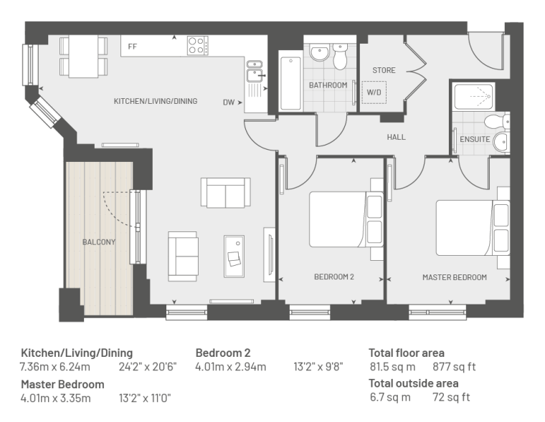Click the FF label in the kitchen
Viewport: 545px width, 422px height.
point(133,47)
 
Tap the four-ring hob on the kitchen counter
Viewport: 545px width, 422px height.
point(198,46)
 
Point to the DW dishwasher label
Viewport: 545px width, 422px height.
point(229,102)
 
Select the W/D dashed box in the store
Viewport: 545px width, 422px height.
point(374,92)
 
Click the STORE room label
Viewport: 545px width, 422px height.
point(384,70)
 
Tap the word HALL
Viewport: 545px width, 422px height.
point(397,137)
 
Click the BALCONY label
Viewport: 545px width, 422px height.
point(99,242)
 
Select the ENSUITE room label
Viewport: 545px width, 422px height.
point(475,139)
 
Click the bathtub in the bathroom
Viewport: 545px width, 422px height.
point(290,84)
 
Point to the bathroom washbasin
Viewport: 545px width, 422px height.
point(320,53)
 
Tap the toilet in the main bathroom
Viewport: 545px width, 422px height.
point(340,57)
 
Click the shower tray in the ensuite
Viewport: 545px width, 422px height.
point(474,96)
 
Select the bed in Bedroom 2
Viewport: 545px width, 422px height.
point(346,219)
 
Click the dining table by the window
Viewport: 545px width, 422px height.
point(83,57)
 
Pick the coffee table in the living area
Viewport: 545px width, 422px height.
point(234,256)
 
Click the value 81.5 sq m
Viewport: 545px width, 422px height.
point(392,367)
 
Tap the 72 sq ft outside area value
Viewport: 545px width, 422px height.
point(451,397)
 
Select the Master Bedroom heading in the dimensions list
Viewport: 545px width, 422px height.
point(62,385)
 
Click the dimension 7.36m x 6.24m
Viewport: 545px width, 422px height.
point(55,367)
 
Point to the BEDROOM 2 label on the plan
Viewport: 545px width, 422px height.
point(334,277)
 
